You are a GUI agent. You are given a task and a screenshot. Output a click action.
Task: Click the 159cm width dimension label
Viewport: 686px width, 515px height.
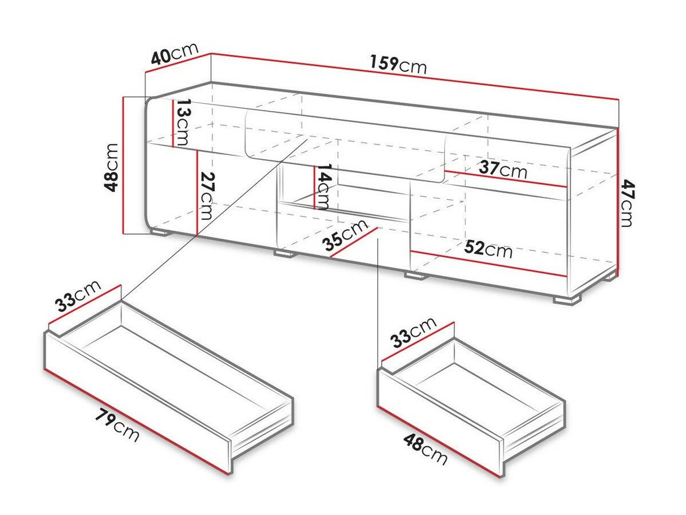[398, 64]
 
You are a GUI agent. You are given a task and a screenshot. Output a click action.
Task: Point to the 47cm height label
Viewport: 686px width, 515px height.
[628, 203]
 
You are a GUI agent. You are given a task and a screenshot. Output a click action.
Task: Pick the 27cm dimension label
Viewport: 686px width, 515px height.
[207, 196]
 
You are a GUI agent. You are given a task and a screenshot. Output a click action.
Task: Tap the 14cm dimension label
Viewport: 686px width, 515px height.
[324, 186]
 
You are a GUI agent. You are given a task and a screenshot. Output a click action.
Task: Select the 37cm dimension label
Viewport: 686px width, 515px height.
[503, 170]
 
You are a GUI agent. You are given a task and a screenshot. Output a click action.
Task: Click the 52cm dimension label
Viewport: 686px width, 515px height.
[488, 249]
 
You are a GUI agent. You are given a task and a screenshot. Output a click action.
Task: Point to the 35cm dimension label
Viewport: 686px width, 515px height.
[345, 235]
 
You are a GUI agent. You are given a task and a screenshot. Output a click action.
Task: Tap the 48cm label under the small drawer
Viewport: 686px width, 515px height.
[425, 449]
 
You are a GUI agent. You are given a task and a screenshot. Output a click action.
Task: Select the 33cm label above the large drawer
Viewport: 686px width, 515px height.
[78, 295]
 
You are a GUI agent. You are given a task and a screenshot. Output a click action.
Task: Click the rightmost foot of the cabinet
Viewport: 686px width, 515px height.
[566, 300]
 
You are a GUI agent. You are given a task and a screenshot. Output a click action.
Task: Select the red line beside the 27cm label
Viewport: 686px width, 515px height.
[197, 192]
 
